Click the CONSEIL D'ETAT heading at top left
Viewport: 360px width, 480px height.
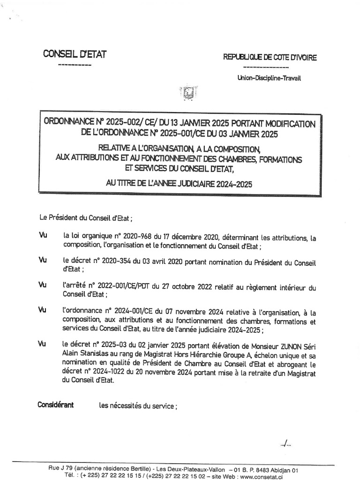coord(75,54)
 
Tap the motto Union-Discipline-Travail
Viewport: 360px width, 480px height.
coord(269,78)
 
